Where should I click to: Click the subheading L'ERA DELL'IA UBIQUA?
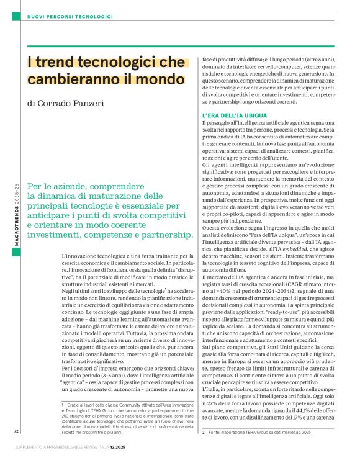[235, 116]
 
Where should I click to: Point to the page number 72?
[17, 448]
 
